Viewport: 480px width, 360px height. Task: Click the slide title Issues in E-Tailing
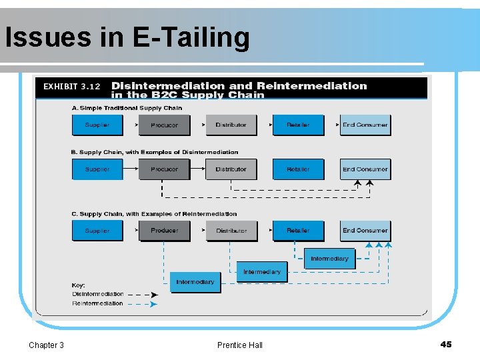click(x=127, y=37)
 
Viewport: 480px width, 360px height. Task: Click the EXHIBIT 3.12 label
click(x=71, y=87)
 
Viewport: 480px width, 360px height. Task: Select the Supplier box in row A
click(x=97, y=125)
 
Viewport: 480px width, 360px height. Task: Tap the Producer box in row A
click(x=164, y=125)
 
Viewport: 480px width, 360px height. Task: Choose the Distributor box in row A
click(x=231, y=125)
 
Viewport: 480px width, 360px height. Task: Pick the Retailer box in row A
click(x=298, y=125)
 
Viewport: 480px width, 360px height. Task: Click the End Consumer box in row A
click(x=365, y=125)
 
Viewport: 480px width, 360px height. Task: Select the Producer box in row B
click(x=164, y=169)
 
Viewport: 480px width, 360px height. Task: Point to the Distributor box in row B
click(x=231, y=169)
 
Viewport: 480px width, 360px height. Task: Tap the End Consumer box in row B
click(x=365, y=169)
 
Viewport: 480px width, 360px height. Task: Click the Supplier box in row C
click(x=97, y=231)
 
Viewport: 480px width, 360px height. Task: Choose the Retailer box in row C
click(x=298, y=231)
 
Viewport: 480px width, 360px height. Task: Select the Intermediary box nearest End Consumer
click(x=329, y=259)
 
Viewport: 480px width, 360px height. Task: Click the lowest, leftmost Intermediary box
click(x=195, y=282)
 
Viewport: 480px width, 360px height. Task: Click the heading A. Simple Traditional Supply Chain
click(x=127, y=108)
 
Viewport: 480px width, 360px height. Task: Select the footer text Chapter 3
click(x=47, y=345)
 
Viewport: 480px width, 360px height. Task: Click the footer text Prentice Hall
click(x=240, y=345)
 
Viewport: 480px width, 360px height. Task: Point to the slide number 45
click(x=446, y=344)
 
